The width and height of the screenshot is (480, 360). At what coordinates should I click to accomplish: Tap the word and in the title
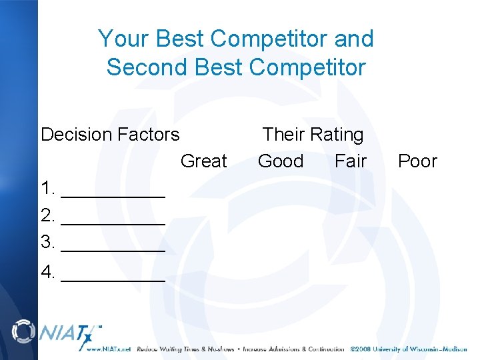[x=353, y=39]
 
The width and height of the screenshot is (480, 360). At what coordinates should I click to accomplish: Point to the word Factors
[x=148, y=135]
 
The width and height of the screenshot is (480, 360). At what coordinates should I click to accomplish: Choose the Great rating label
[x=204, y=161]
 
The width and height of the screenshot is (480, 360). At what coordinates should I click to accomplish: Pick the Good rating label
[x=281, y=161]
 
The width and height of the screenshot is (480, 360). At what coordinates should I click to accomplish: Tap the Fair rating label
[x=351, y=161]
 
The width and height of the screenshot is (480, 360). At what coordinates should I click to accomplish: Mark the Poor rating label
[x=417, y=161]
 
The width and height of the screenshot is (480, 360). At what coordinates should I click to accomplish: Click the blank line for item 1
[x=113, y=195]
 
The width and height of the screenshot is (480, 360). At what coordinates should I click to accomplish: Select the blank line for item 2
[x=113, y=222]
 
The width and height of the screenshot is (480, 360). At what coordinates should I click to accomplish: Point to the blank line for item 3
[x=113, y=249]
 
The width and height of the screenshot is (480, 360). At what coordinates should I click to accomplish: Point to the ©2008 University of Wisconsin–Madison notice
[x=409, y=349]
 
